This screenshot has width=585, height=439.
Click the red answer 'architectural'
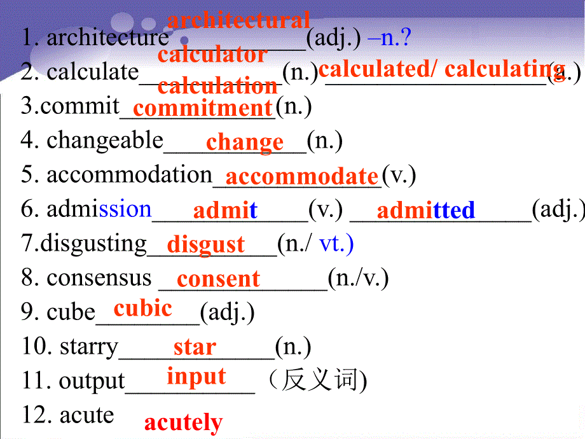[x=238, y=20]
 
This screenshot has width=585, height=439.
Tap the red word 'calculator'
[x=212, y=55]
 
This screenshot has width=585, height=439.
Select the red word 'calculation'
[x=217, y=86]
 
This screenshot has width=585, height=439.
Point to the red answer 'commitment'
[x=203, y=108]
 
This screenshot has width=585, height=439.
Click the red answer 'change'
[x=245, y=142]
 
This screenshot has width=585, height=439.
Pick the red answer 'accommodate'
[x=302, y=176]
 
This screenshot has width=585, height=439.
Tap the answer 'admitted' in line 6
[x=426, y=210]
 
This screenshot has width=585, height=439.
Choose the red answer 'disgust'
[x=206, y=244]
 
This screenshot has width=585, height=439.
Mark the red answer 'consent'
[x=218, y=279]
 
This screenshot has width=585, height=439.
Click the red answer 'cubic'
[x=143, y=309]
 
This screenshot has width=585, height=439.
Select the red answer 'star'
[x=195, y=347]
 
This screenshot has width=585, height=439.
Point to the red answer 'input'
[x=196, y=377]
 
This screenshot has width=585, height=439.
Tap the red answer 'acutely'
[x=183, y=422]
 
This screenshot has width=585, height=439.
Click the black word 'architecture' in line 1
[x=107, y=38]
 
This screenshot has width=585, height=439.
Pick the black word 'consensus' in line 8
[x=99, y=278]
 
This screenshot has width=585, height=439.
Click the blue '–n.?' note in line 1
[x=390, y=38]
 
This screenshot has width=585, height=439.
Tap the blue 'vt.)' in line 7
[x=336, y=244]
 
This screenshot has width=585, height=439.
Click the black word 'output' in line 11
[x=92, y=381]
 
